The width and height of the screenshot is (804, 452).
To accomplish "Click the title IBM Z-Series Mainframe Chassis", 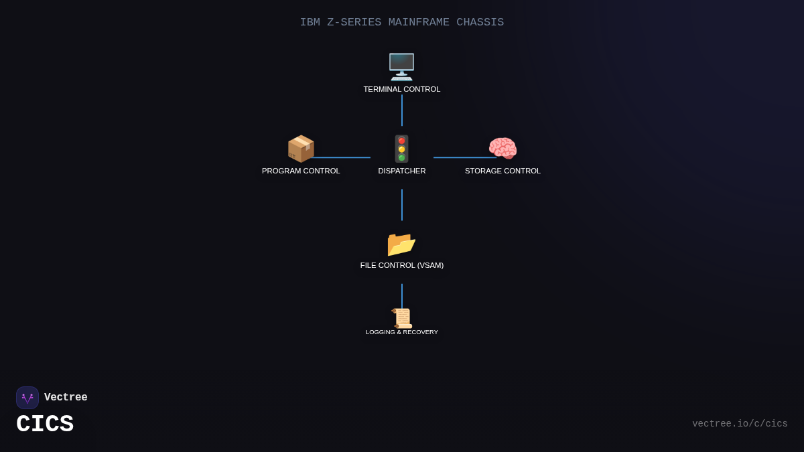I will [x=402, y=22].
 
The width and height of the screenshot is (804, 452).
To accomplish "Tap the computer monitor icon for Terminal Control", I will [x=402, y=67].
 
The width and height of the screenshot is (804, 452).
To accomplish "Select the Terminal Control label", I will [x=402, y=89].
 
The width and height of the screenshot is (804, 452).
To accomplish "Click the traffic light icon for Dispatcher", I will [x=402, y=149].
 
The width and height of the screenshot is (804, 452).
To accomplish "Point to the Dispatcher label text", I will [x=402, y=171].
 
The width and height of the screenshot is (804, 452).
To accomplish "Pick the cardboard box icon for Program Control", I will [x=301, y=149].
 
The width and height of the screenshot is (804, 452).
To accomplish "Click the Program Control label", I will [x=301, y=171].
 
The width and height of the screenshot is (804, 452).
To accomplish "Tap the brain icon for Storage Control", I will [x=503, y=149].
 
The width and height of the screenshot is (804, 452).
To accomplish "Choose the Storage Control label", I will [x=503, y=171].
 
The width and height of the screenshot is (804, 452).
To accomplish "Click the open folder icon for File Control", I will [x=402, y=244].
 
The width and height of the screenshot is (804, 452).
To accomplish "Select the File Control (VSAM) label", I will [x=402, y=265].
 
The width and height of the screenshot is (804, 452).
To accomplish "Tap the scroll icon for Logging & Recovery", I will [x=402, y=317].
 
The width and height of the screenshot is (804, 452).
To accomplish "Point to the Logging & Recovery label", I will [x=402, y=332].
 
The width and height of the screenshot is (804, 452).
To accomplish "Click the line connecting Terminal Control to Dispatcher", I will [x=402, y=110].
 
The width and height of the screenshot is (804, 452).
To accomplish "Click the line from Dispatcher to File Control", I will [x=402, y=205].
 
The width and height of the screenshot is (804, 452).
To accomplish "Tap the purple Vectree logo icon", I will [x=27, y=398].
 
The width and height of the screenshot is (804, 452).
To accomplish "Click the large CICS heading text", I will [x=45, y=425].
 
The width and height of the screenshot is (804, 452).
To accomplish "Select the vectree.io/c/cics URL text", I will [x=740, y=424].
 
